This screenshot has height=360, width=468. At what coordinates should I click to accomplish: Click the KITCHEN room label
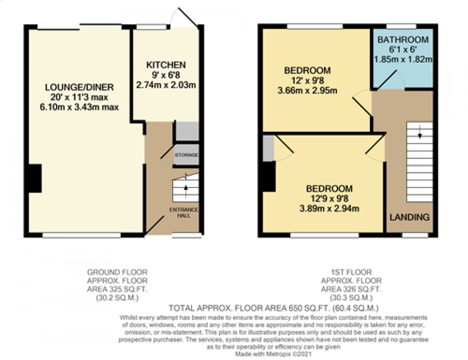click(166, 65)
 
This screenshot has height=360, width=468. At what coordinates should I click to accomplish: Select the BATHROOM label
click(403, 39)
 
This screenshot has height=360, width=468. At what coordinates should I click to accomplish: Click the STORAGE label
click(187, 155)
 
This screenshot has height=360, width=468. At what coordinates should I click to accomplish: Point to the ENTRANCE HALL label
click(184, 212)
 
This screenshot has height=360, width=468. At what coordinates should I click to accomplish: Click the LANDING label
click(410, 217)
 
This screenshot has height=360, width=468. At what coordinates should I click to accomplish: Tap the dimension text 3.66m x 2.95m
click(307, 90)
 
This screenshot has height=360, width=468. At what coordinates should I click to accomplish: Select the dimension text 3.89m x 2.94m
click(329, 208)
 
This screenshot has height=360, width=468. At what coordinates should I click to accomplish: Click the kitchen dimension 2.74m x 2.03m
click(166, 85)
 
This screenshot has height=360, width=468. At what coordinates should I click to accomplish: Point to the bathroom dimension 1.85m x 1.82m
click(403, 59)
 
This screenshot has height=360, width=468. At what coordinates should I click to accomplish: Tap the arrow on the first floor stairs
click(420, 132)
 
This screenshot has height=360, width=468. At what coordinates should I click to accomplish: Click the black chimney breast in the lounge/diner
click(35, 178)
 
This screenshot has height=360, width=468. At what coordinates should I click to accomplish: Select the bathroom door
click(387, 79)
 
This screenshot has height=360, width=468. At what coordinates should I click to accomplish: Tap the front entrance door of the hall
click(154, 225)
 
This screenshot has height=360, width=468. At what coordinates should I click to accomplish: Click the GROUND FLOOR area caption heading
click(117, 272)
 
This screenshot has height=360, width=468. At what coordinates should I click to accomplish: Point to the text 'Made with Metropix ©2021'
click(274, 354)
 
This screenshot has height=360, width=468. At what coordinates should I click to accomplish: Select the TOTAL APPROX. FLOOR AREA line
click(274, 308)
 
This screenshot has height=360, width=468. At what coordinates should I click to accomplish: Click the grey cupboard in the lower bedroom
click(268, 149)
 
